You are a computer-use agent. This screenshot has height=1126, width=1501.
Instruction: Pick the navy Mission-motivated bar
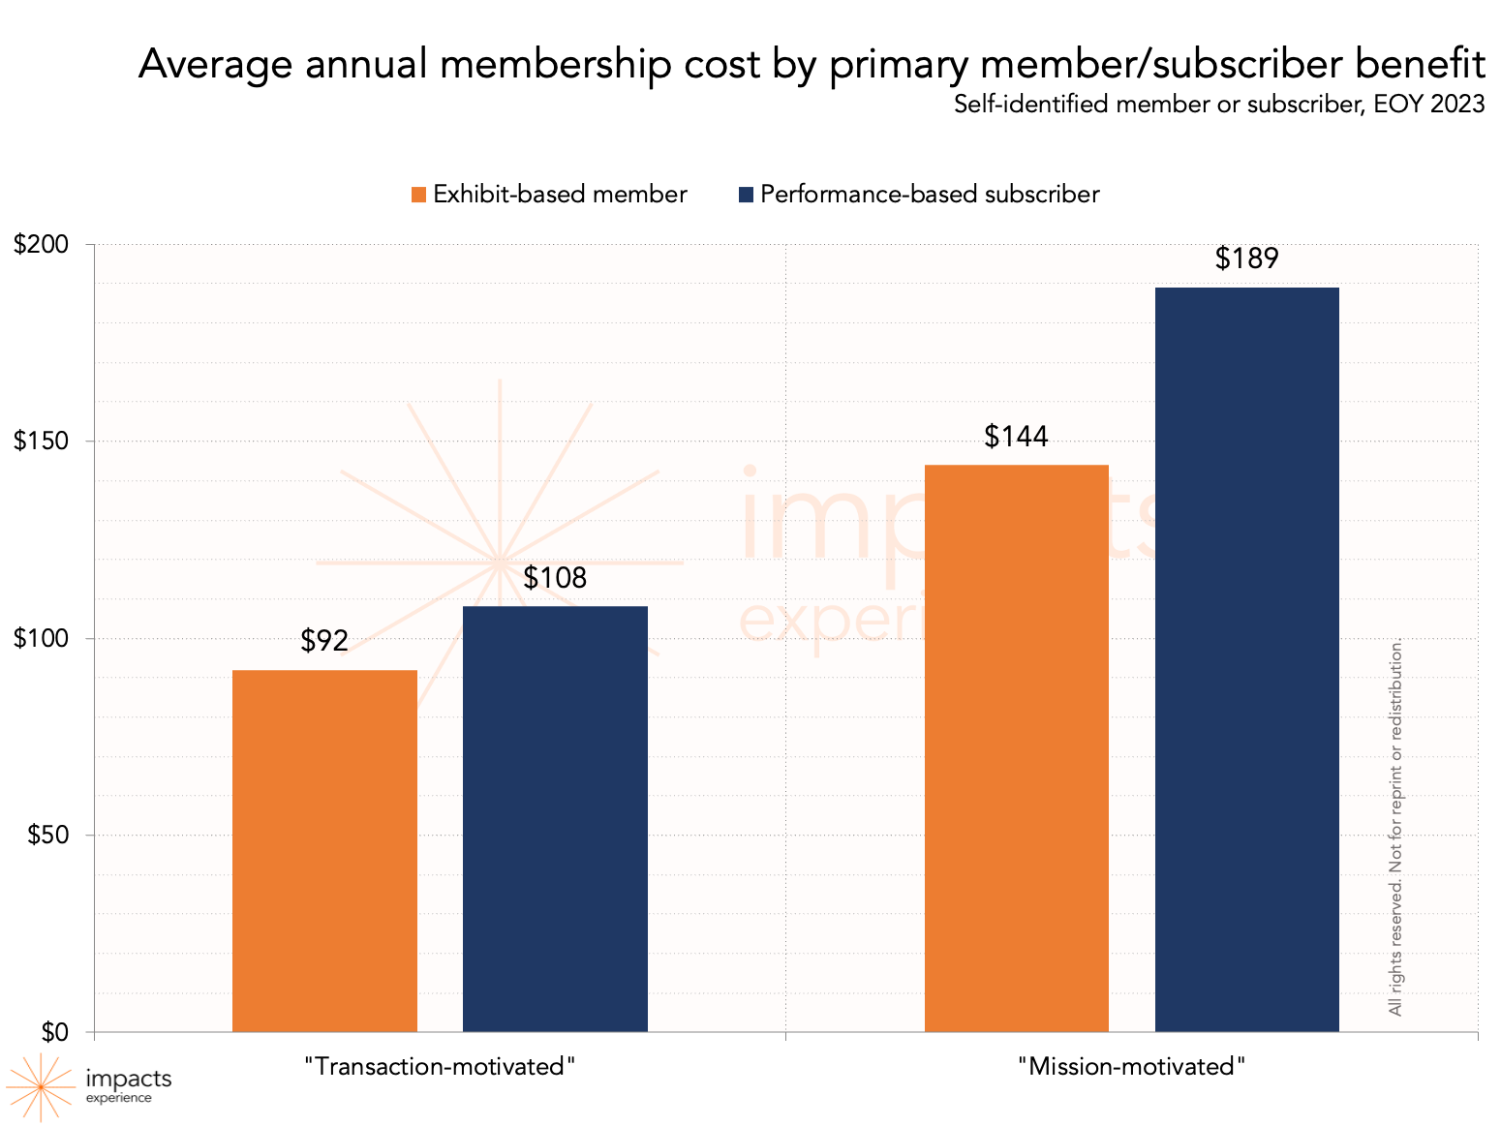[1246, 658]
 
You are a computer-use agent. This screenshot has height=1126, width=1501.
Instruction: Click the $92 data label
[324, 641]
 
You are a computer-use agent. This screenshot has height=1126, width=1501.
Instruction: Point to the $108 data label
[555, 578]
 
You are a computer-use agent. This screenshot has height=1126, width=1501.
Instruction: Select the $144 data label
[1016, 437]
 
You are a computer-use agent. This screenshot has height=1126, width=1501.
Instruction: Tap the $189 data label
[1246, 259]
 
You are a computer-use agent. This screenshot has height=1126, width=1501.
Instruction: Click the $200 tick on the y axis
[41, 244]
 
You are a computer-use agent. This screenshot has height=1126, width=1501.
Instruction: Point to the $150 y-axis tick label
[41, 441]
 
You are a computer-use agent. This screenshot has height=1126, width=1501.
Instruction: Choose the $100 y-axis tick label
[41, 638]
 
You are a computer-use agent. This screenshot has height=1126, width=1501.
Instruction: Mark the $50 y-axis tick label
[46, 835]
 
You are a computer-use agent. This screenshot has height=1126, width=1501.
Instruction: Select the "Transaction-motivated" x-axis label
[440, 1066]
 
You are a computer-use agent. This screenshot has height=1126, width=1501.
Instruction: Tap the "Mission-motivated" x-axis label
[1131, 1066]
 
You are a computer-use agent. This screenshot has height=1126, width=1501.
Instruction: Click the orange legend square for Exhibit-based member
[418, 195]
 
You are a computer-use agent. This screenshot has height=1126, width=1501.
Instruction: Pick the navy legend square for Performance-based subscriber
[746, 195]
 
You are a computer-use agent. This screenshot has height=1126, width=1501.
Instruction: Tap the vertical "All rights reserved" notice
[1395, 827]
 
